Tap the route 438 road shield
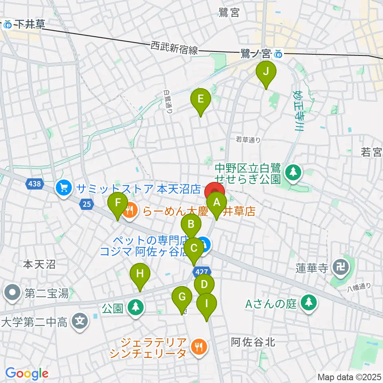click(34, 184)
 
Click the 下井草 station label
click(25, 24)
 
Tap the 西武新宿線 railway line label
click(174, 48)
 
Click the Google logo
click(26, 374)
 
